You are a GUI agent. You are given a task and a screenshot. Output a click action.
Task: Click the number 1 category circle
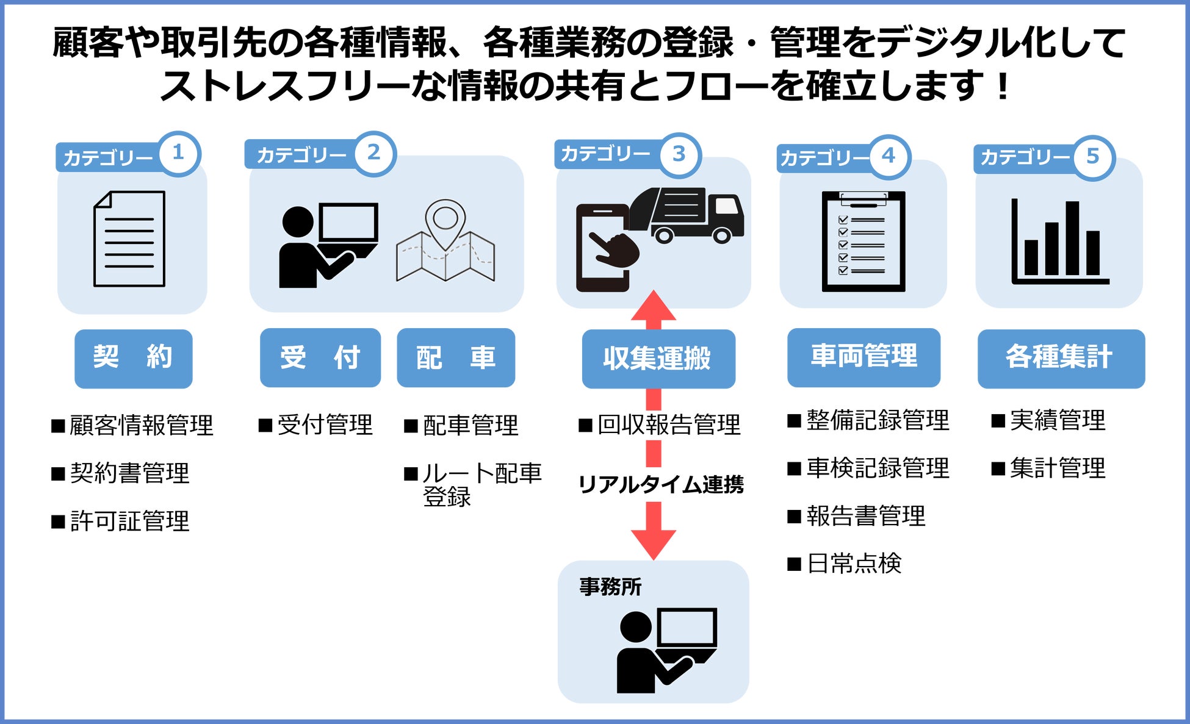(x=179, y=153)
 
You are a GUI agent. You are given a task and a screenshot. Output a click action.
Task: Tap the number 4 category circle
(x=889, y=156)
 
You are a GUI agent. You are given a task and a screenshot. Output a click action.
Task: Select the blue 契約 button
(x=133, y=358)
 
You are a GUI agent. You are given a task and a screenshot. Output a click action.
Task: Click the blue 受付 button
(x=320, y=357)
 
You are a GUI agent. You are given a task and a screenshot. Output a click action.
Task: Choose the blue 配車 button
(x=455, y=357)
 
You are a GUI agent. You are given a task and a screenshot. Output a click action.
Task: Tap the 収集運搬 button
(x=658, y=359)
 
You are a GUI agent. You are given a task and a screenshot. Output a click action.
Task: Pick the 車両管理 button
(x=864, y=357)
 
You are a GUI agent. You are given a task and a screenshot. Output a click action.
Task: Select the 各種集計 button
(x=1061, y=358)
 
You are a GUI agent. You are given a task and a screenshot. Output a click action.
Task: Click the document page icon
(x=129, y=238)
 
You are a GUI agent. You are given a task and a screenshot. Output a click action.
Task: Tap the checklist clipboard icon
(x=863, y=241)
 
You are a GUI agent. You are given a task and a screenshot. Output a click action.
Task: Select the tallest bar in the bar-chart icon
(x=1072, y=238)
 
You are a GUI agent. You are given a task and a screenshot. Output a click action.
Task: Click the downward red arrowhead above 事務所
(x=654, y=542)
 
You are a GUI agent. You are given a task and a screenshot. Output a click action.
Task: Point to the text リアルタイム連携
(x=661, y=485)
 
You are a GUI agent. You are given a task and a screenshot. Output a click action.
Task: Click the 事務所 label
(x=610, y=587)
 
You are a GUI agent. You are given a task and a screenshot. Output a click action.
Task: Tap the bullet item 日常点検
(x=845, y=564)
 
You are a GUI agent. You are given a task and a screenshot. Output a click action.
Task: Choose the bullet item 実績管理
(x=1049, y=420)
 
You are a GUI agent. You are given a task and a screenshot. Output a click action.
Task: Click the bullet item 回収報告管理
(x=660, y=425)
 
